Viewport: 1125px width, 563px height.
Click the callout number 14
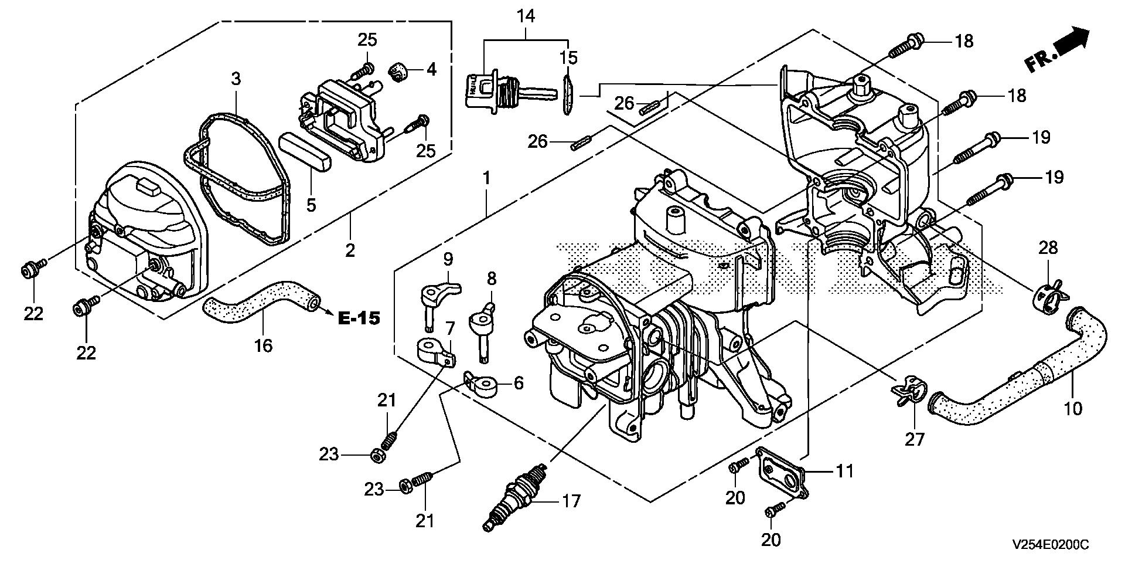click(526, 16)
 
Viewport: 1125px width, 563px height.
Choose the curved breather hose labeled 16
click(261, 300)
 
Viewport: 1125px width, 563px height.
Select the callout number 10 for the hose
click(1073, 408)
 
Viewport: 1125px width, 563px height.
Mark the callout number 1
click(486, 177)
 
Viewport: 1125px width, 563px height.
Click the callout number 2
click(350, 250)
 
